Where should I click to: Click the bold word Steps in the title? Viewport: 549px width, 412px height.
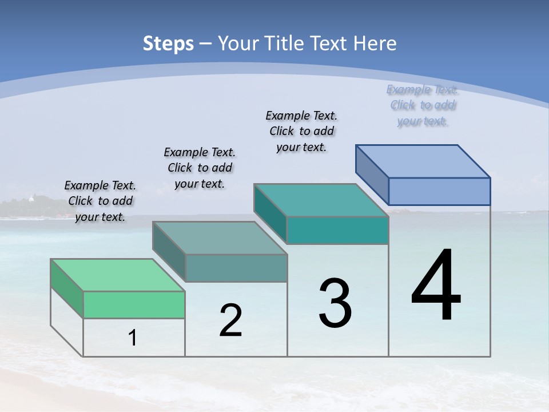coord(168,43)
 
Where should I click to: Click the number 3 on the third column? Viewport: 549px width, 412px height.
coord(335,303)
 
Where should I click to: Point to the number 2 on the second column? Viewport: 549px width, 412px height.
coord(230,320)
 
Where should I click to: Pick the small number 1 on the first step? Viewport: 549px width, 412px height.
coord(133,338)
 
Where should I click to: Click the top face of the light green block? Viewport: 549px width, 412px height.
coord(117,275)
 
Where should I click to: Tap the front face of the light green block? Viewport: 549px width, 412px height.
coord(134,304)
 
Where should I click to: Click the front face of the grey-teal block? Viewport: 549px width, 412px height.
coord(236,268)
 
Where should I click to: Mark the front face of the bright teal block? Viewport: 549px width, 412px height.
coord(337,230)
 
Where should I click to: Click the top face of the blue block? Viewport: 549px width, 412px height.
coord(423,161)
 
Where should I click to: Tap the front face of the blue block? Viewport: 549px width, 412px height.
coord(439,191)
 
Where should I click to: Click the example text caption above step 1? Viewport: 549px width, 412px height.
coord(100,201)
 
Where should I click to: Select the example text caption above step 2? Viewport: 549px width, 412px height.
coord(200,168)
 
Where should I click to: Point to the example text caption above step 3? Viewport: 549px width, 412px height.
coord(301,131)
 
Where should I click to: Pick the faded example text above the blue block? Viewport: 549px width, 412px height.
coord(423,105)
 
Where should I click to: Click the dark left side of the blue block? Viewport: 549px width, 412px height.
coord(372,175)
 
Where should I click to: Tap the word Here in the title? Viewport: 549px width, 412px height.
coord(375,43)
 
